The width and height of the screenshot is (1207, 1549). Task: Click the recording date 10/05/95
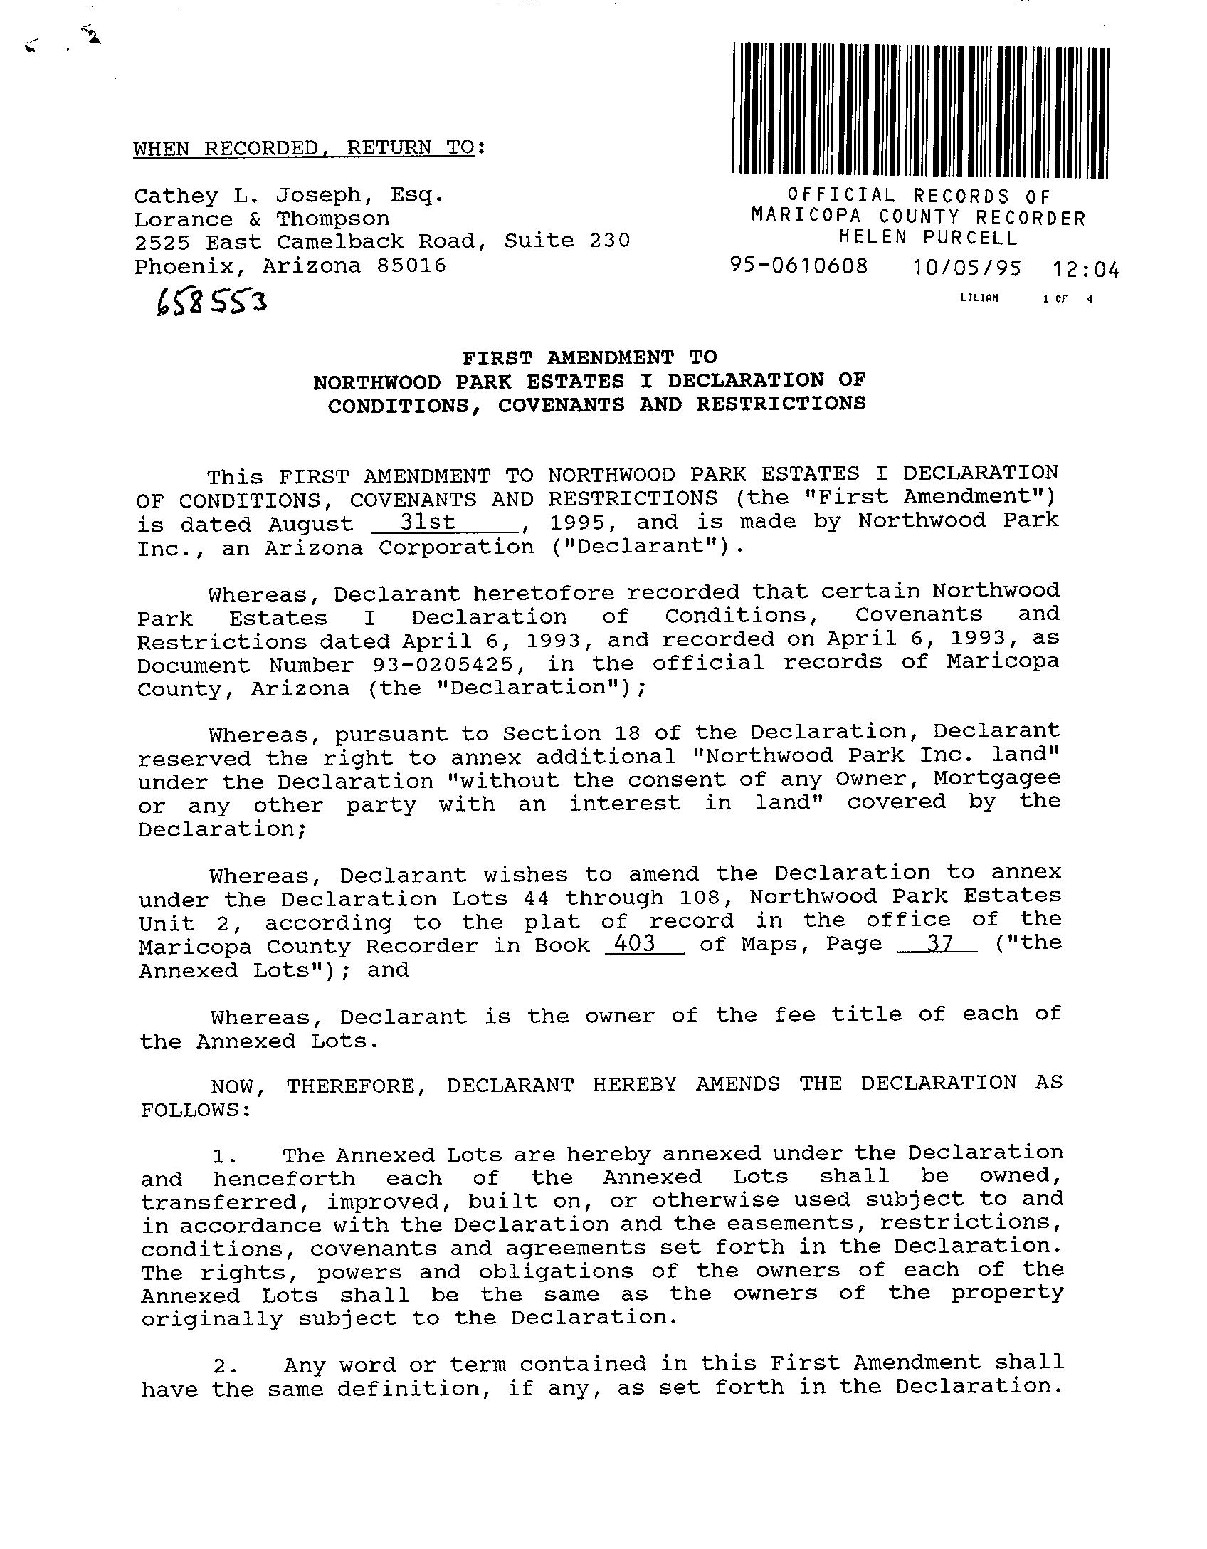pyautogui.click(x=966, y=268)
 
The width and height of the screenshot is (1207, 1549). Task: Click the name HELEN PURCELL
pyautogui.click(x=928, y=237)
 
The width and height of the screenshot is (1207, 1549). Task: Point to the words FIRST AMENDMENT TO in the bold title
pyautogui.click(x=590, y=357)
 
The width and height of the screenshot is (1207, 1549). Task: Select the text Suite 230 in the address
pyautogui.click(x=566, y=241)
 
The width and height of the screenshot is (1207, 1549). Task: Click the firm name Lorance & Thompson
pyautogui.click(x=262, y=219)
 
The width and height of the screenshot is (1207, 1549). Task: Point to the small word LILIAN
pyautogui.click(x=979, y=298)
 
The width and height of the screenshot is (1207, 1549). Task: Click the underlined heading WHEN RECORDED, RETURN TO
pyautogui.click(x=304, y=148)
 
